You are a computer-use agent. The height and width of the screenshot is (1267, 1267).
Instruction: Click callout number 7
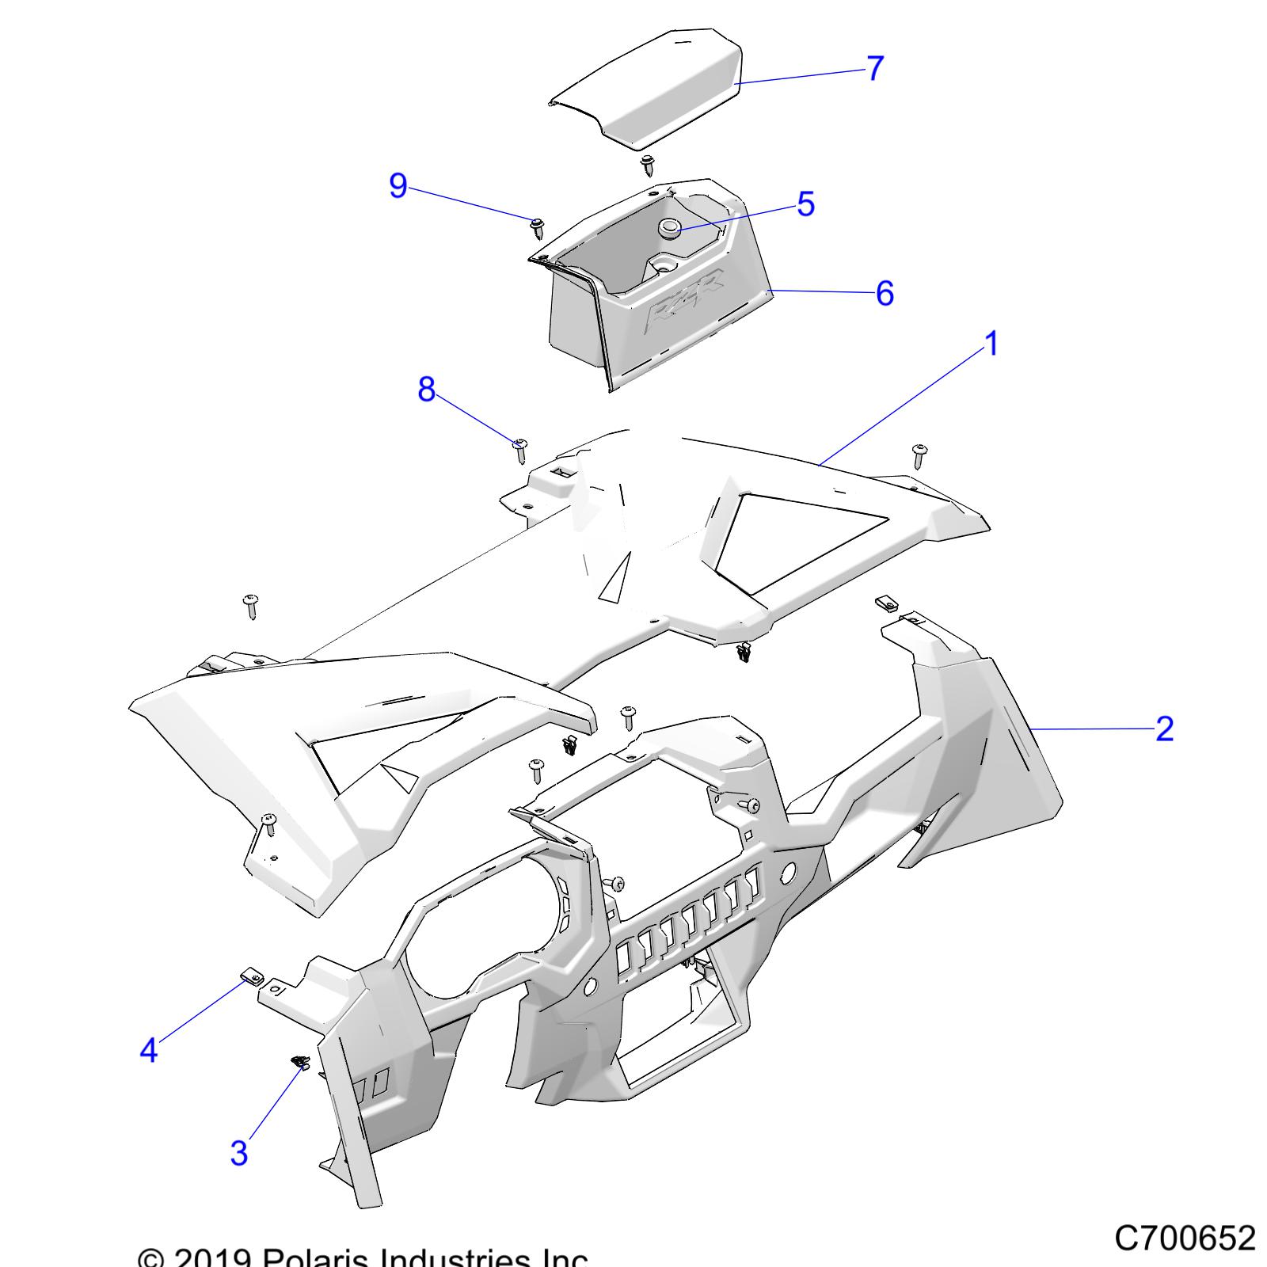[873, 68]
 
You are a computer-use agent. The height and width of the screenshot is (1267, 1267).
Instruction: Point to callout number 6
[885, 293]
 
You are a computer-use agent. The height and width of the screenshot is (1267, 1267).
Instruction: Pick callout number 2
[1163, 729]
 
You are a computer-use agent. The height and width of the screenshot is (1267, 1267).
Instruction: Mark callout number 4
[148, 1051]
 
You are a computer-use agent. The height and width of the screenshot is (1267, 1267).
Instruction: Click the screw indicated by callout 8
[521, 451]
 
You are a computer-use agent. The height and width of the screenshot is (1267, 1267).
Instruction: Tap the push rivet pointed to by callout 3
[300, 1062]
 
